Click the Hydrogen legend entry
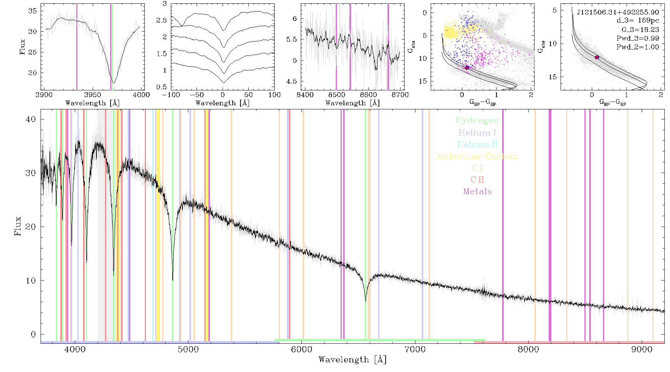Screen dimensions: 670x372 point(477,121)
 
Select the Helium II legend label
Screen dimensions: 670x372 point(477,144)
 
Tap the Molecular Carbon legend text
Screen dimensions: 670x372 point(477,156)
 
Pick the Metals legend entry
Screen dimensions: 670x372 point(477,192)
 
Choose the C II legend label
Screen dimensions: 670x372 point(477,180)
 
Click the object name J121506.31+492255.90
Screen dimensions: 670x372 point(618,12)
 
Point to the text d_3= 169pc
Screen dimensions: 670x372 point(638,20)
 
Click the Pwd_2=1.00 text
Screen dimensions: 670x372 point(638,47)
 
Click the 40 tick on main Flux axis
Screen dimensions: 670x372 point(31,119)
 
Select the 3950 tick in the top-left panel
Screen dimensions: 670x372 point(93,95)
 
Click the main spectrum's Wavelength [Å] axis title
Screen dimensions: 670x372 point(352,360)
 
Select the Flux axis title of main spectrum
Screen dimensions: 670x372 point(17,226)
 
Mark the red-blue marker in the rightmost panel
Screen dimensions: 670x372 point(597,57)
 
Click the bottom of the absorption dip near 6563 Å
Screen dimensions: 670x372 point(366,301)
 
